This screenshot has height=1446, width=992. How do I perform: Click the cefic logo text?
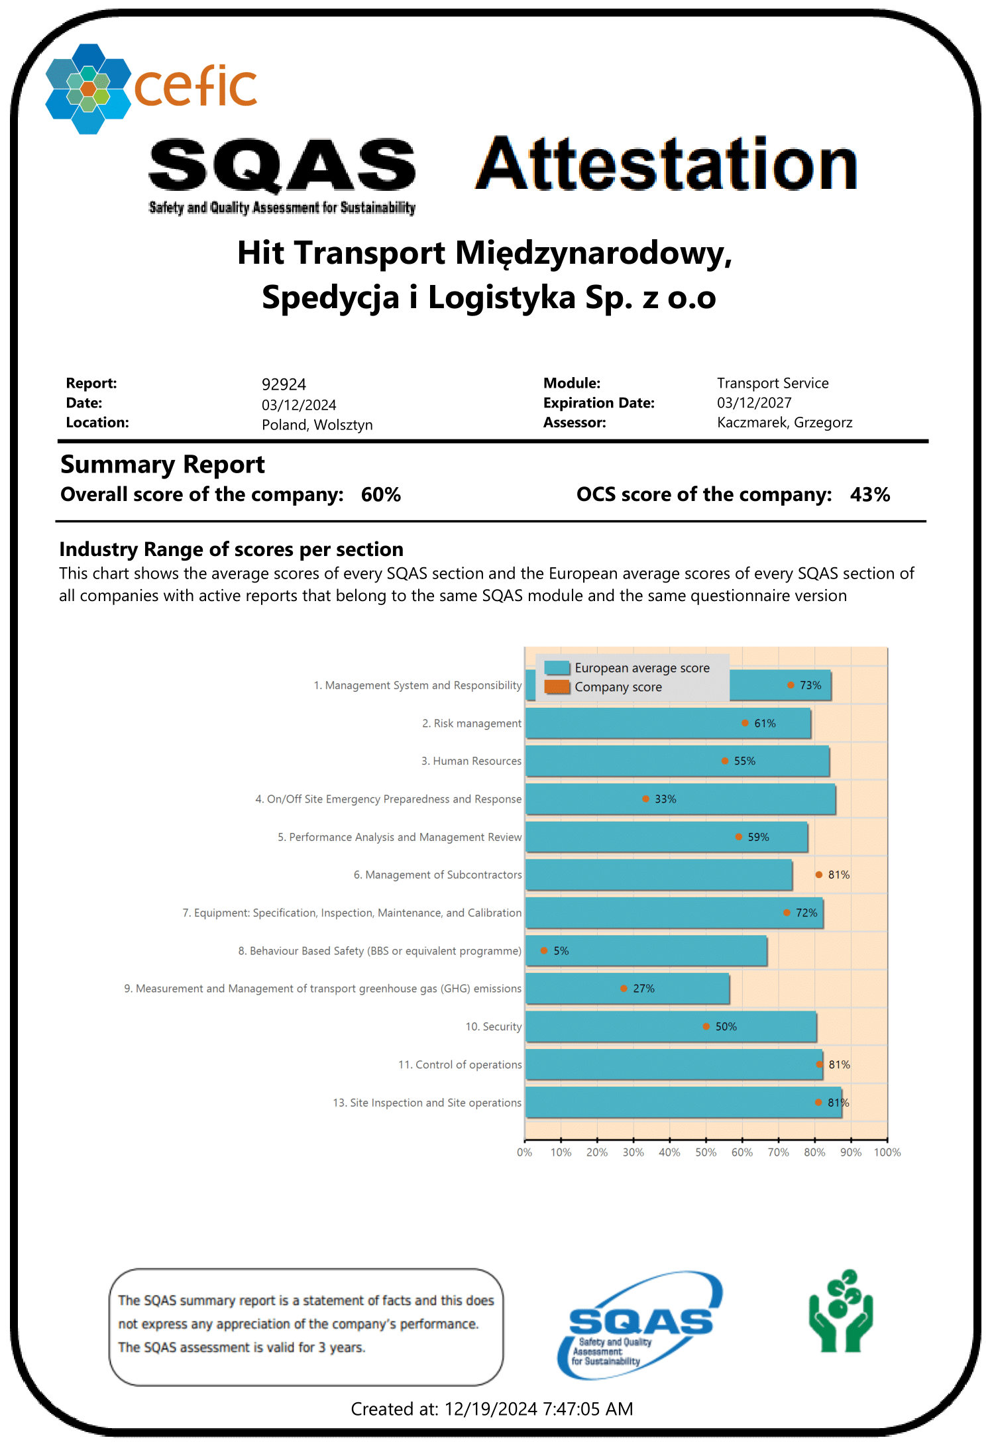pyautogui.click(x=195, y=87)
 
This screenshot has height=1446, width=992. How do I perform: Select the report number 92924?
pyautogui.click(x=284, y=384)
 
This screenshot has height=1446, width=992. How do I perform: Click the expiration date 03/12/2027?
pyautogui.click(x=754, y=403)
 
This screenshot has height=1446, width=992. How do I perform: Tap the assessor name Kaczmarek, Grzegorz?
pyautogui.click(x=785, y=423)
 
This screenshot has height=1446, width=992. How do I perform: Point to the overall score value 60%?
pyautogui.click(x=381, y=495)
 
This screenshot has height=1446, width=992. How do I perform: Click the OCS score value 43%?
pyautogui.click(x=870, y=495)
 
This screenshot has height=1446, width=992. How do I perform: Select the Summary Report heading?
pyautogui.click(x=162, y=465)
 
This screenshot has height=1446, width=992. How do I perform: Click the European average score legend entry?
pyautogui.click(x=641, y=668)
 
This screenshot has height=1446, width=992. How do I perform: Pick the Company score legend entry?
pyautogui.click(x=618, y=687)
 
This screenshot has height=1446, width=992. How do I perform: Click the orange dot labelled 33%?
pyautogui.click(x=645, y=799)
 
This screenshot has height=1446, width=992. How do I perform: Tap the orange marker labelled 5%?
pyautogui.click(x=544, y=951)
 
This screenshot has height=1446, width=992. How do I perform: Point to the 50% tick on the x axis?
pyautogui.click(x=706, y=1152)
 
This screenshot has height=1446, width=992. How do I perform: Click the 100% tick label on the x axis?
pyautogui.click(x=887, y=1152)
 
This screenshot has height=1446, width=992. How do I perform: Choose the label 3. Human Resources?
pyautogui.click(x=471, y=761)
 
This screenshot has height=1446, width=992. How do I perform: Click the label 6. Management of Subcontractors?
pyautogui.click(x=438, y=875)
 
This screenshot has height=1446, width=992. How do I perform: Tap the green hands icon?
pyautogui.click(x=841, y=1312)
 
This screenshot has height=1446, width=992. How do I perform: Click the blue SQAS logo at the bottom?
pyautogui.click(x=639, y=1324)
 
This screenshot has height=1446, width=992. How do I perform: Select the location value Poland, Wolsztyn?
pyautogui.click(x=317, y=425)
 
